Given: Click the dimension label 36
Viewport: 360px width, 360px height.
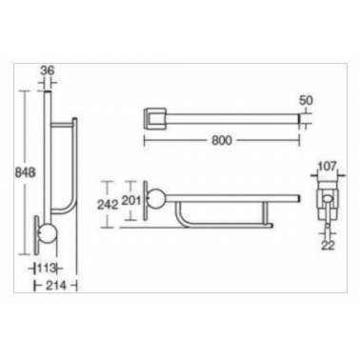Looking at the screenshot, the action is tap(48, 70).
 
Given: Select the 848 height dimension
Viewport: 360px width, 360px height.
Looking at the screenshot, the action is tap(25, 172).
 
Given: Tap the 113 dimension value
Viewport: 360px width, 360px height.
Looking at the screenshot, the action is tap(47, 269).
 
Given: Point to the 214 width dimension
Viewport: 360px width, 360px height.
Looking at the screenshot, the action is tap(56, 286).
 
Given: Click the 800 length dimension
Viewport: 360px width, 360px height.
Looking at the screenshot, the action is tap(222, 140).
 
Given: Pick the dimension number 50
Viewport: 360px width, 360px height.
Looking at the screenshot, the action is tap(306, 100).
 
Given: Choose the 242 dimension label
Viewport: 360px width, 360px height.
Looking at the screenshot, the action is tap(108, 205).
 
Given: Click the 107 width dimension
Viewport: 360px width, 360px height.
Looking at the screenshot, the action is tap(327, 166).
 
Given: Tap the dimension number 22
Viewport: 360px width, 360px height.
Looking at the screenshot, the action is tap(328, 245).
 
